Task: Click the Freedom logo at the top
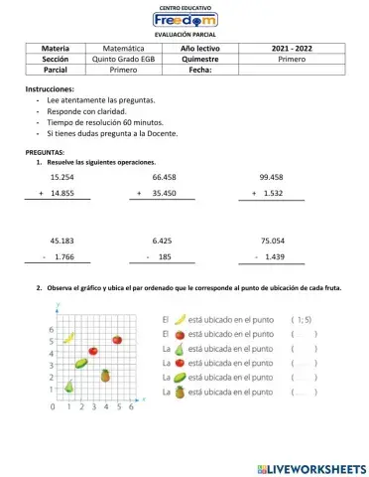click(184, 20)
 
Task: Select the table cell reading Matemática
click(123, 47)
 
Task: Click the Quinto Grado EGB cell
click(123, 59)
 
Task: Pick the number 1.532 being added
click(274, 193)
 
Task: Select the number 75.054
click(272, 240)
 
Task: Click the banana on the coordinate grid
click(69, 338)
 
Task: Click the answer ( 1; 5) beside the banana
click(302, 319)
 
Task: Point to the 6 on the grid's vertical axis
click(51, 329)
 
